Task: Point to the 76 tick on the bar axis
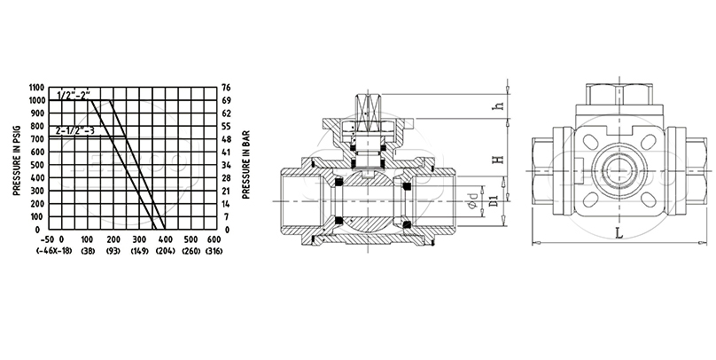click(226, 88)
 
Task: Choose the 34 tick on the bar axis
click(226, 165)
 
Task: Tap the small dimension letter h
click(499, 106)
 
